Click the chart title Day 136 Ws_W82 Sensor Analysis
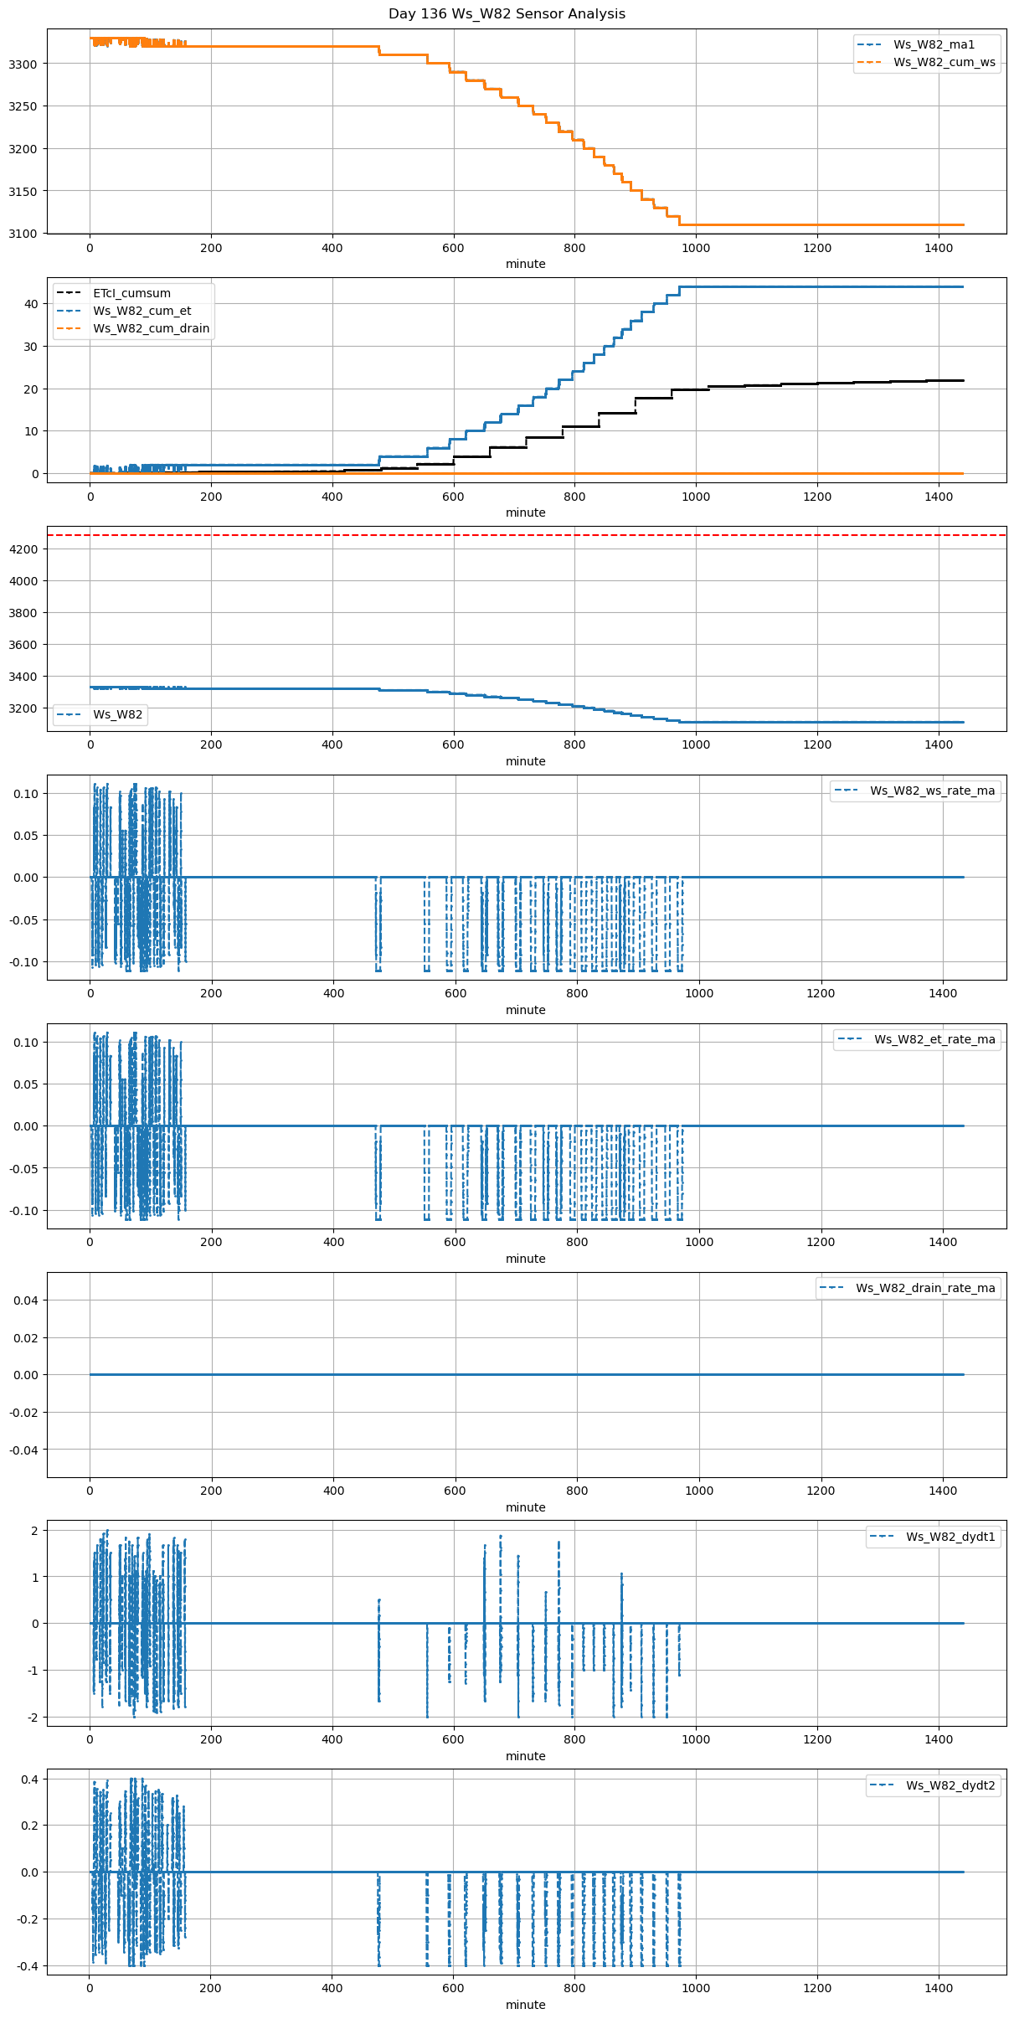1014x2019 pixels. [507, 14]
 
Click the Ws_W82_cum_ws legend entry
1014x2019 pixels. [945, 63]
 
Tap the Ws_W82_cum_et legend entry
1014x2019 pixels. [142, 312]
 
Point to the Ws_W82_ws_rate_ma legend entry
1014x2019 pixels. [932, 791]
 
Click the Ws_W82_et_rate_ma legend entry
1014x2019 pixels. [934, 1040]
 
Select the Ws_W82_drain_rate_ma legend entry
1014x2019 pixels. [925, 1289]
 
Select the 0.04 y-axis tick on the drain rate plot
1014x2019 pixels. [27, 1301]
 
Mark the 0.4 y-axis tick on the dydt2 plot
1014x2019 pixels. [30, 1780]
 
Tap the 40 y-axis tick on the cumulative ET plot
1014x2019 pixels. [32, 304]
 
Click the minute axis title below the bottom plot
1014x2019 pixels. [525, 2005]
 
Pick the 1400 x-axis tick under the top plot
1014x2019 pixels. [938, 248]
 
